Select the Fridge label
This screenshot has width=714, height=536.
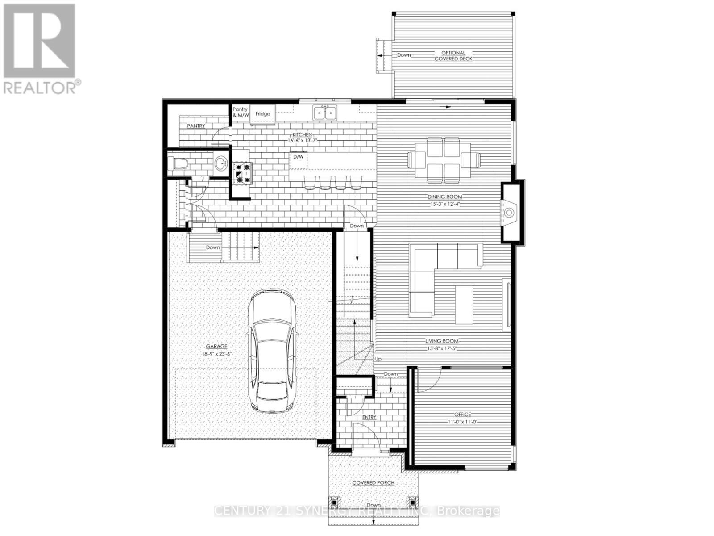[262, 114]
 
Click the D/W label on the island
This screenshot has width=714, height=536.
[298, 157]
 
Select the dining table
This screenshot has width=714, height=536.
[444, 159]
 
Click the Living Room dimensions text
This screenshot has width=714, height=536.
[441, 348]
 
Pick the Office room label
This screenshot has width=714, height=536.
[462, 415]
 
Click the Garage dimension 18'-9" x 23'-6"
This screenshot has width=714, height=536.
[216, 353]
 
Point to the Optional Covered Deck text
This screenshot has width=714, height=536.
[453, 56]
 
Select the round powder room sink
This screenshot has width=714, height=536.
[220, 164]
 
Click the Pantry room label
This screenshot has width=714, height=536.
[196, 126]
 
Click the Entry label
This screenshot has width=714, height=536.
[369, 417]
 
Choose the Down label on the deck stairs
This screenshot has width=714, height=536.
[404, 55]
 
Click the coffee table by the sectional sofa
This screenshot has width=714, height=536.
[464, 304]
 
